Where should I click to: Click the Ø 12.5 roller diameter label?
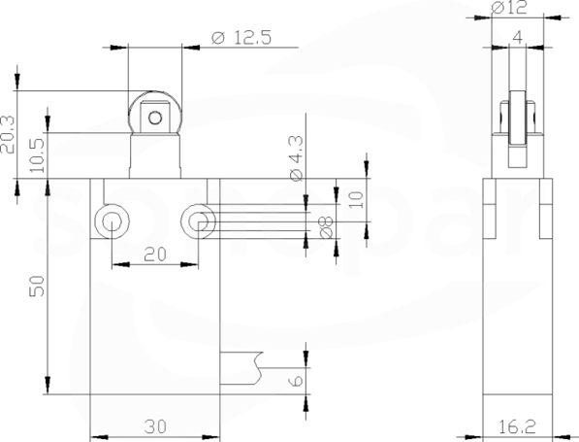pyautogui.click(x=241, y=37)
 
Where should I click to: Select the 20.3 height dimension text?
pyautogui.click(x=8, y=135)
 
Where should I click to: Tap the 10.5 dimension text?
pyautogui.click(x=37, y=155)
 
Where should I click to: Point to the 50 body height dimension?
pyautogui.click(x=37, y=286)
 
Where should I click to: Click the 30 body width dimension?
pyautogui.click(x=155, y=426)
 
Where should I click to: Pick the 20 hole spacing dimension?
pyautogui.click(x=155, y=255)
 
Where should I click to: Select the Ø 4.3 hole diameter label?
pyautogui.click(x=297, y=159)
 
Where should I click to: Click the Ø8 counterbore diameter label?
pyautogui.click(x=326, y=227)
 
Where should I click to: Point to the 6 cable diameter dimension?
pyautogui.click(x=297, y=381)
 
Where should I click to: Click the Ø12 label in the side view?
pyautogui.click(x=509, y=8)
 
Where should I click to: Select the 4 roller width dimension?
pyautogui.click(x=518, y=37)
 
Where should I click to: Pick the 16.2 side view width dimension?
pyautogui.click(x=517, y=427)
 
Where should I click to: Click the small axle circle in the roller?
pyautogui.click(x=155, y=118)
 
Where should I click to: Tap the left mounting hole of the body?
pyautogui.click(x=112, y=221)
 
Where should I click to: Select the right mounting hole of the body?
pyautogui.click(x=198, y=221)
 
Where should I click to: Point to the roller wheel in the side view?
pyautogui.click(x=518, y=119)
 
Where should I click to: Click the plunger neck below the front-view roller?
pyautogui.click(x=155, y=155)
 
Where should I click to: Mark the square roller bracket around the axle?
pyautogui.click(x=155, y=117)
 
